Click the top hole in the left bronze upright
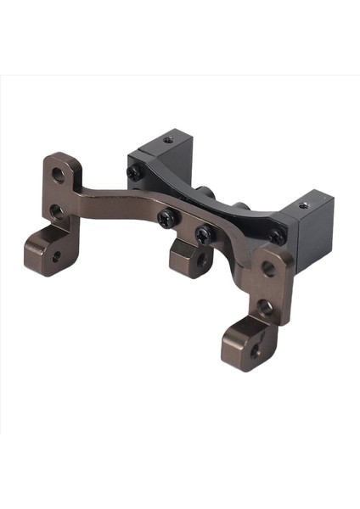click(59, 175)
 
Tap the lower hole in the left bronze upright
click(56, 210)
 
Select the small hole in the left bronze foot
click(56, 255)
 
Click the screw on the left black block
click(134, 172)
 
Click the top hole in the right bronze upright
click(268, 269)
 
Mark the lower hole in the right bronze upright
click(265, 306)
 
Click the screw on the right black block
click(277, 237)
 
